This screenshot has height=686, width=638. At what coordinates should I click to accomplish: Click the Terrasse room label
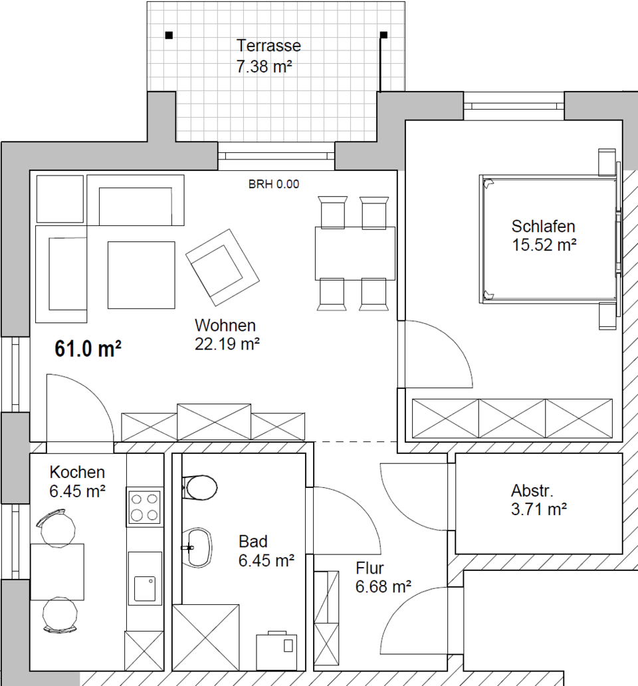click(268, 45)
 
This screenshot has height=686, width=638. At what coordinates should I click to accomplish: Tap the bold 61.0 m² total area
click(88, 349)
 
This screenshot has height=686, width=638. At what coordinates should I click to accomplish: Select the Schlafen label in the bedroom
click(543, 226)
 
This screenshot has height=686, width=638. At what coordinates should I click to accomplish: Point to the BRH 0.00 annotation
click(274, 184)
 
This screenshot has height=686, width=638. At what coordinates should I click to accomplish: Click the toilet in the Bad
click(199, 487)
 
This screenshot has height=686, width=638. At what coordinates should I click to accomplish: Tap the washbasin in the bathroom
click(197, 548)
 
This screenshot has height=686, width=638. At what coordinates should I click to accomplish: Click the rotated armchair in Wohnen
click(222, 267)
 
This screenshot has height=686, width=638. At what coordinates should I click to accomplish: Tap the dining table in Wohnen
click(355, 253)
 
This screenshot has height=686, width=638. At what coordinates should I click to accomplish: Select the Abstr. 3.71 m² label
click(539, 500)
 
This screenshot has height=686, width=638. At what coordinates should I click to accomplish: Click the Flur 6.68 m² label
click(383, 578)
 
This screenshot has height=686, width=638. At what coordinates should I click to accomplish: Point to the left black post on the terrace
click(169, 35)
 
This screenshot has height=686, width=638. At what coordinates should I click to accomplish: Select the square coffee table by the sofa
click(142, 275)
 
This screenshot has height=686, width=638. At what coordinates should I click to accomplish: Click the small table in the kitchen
click(57, 572)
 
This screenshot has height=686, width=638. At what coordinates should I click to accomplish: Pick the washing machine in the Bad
click(276, 651)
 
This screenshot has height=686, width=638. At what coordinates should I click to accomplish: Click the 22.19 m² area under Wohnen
click(227, 344)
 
